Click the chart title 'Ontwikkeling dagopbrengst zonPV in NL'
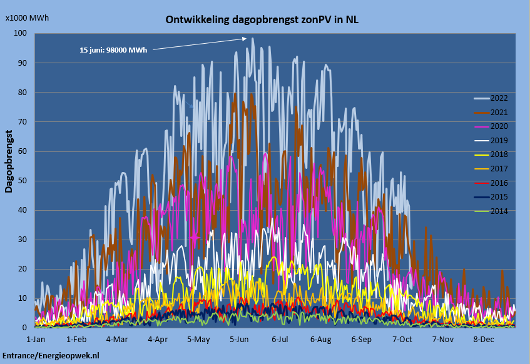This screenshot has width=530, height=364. click(x=262, y=20)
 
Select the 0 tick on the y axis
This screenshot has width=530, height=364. click(x=25, y=328)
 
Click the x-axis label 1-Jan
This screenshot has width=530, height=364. click(x=36, y=340)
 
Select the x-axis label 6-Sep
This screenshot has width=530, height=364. click(x=361, y=340)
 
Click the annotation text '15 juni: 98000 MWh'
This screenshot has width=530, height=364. click(x=113, y=50)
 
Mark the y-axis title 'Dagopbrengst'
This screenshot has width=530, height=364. click(x=9, y=161)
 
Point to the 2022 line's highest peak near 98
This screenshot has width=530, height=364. click(x=253, y=38)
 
